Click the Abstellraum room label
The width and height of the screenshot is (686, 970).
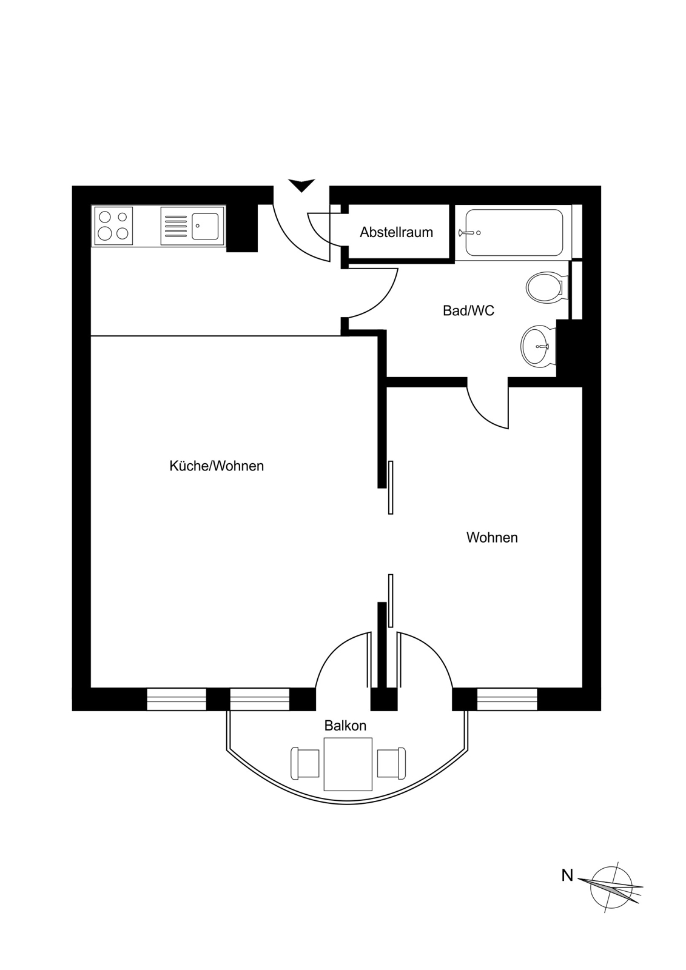396,232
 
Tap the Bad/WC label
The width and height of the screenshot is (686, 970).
468,310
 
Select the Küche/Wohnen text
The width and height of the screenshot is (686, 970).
217,466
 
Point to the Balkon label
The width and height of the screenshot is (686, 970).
345,725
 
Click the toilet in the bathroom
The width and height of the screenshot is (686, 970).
547,287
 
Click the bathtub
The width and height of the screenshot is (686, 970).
514,233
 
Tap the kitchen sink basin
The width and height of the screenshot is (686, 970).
205,226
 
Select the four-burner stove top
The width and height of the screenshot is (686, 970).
113,226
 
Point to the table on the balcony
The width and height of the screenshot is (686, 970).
348,764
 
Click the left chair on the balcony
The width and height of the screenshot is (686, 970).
305,763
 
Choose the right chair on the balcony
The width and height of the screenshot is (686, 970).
391,763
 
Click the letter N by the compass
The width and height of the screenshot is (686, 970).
567,875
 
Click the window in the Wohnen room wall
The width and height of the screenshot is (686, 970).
507,699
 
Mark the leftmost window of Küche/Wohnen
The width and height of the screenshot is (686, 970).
177,699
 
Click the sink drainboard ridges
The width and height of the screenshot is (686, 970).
176,226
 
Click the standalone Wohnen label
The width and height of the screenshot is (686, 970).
492,537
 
